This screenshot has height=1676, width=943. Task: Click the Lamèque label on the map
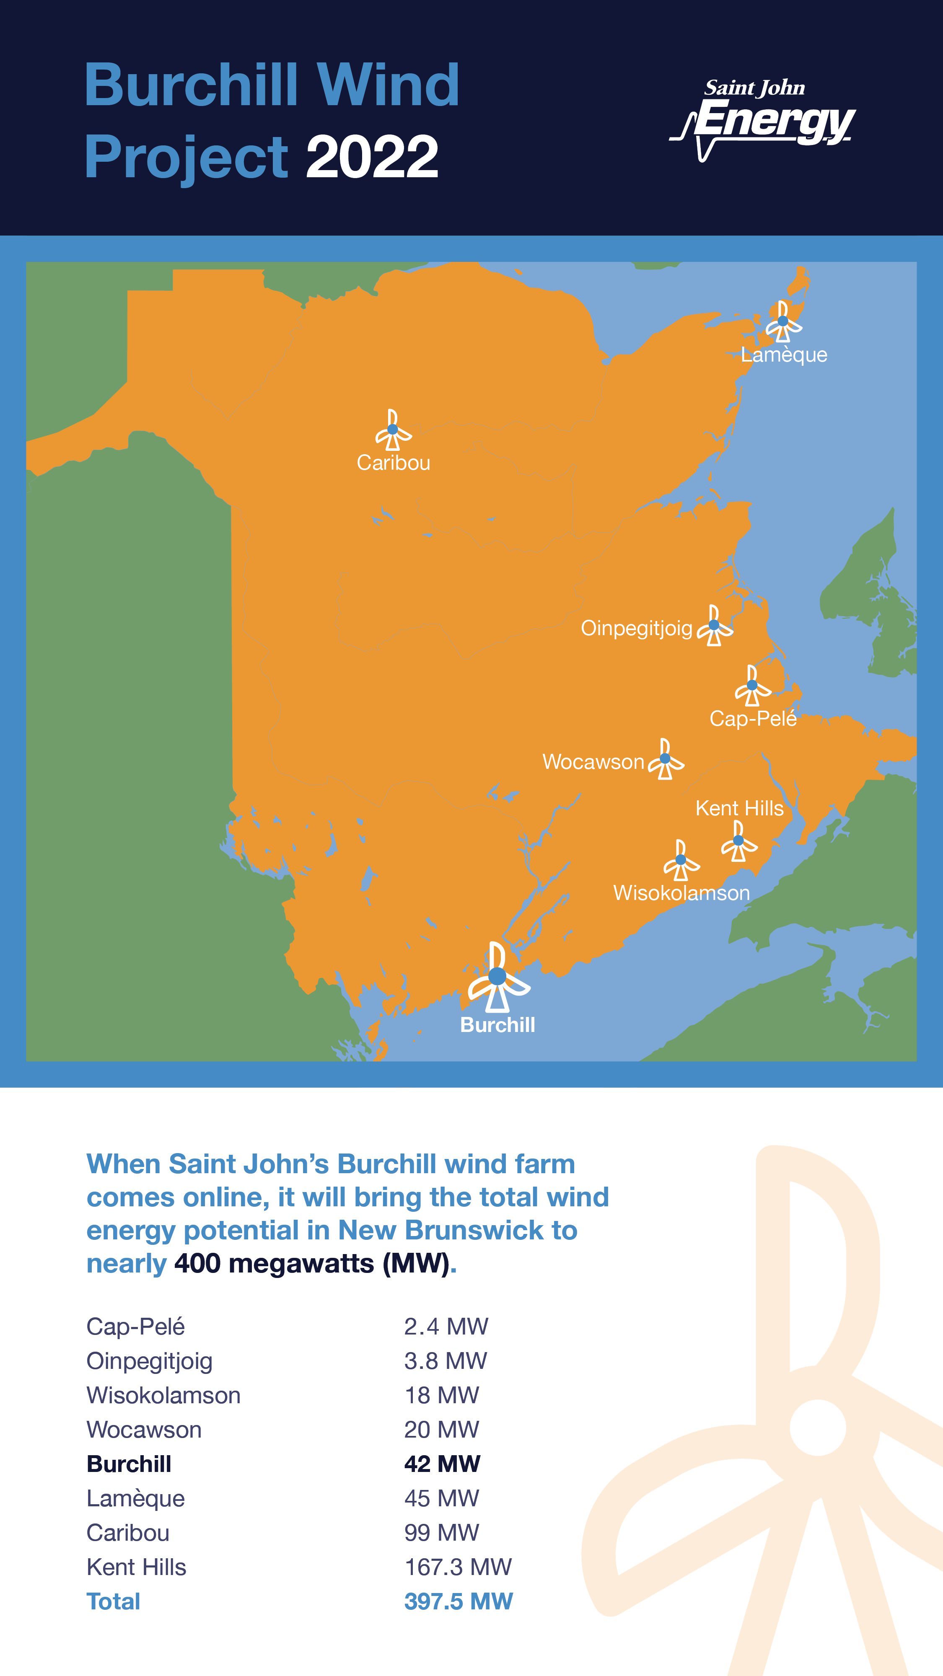pos(784,355)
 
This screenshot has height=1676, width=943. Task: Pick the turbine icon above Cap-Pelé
pos(752,686)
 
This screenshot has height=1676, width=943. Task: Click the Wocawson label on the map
pos(593,762)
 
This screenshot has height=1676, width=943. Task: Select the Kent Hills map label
pos(739,808)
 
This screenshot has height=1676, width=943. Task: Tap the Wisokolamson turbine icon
pos(681,860)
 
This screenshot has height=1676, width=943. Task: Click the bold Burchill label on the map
pos(497,1025)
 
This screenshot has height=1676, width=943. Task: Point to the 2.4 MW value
pos(446,1327)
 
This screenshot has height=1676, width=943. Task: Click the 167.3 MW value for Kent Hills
pos(458,1567)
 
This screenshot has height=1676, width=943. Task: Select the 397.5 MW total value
pos(458,1602)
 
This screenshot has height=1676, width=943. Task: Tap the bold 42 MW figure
pos(442,1464)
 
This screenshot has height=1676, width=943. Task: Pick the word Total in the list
pos(113,1602)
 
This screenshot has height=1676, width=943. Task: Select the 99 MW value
pos(441,1533)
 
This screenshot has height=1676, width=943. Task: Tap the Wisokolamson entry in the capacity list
pos(163,1396)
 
